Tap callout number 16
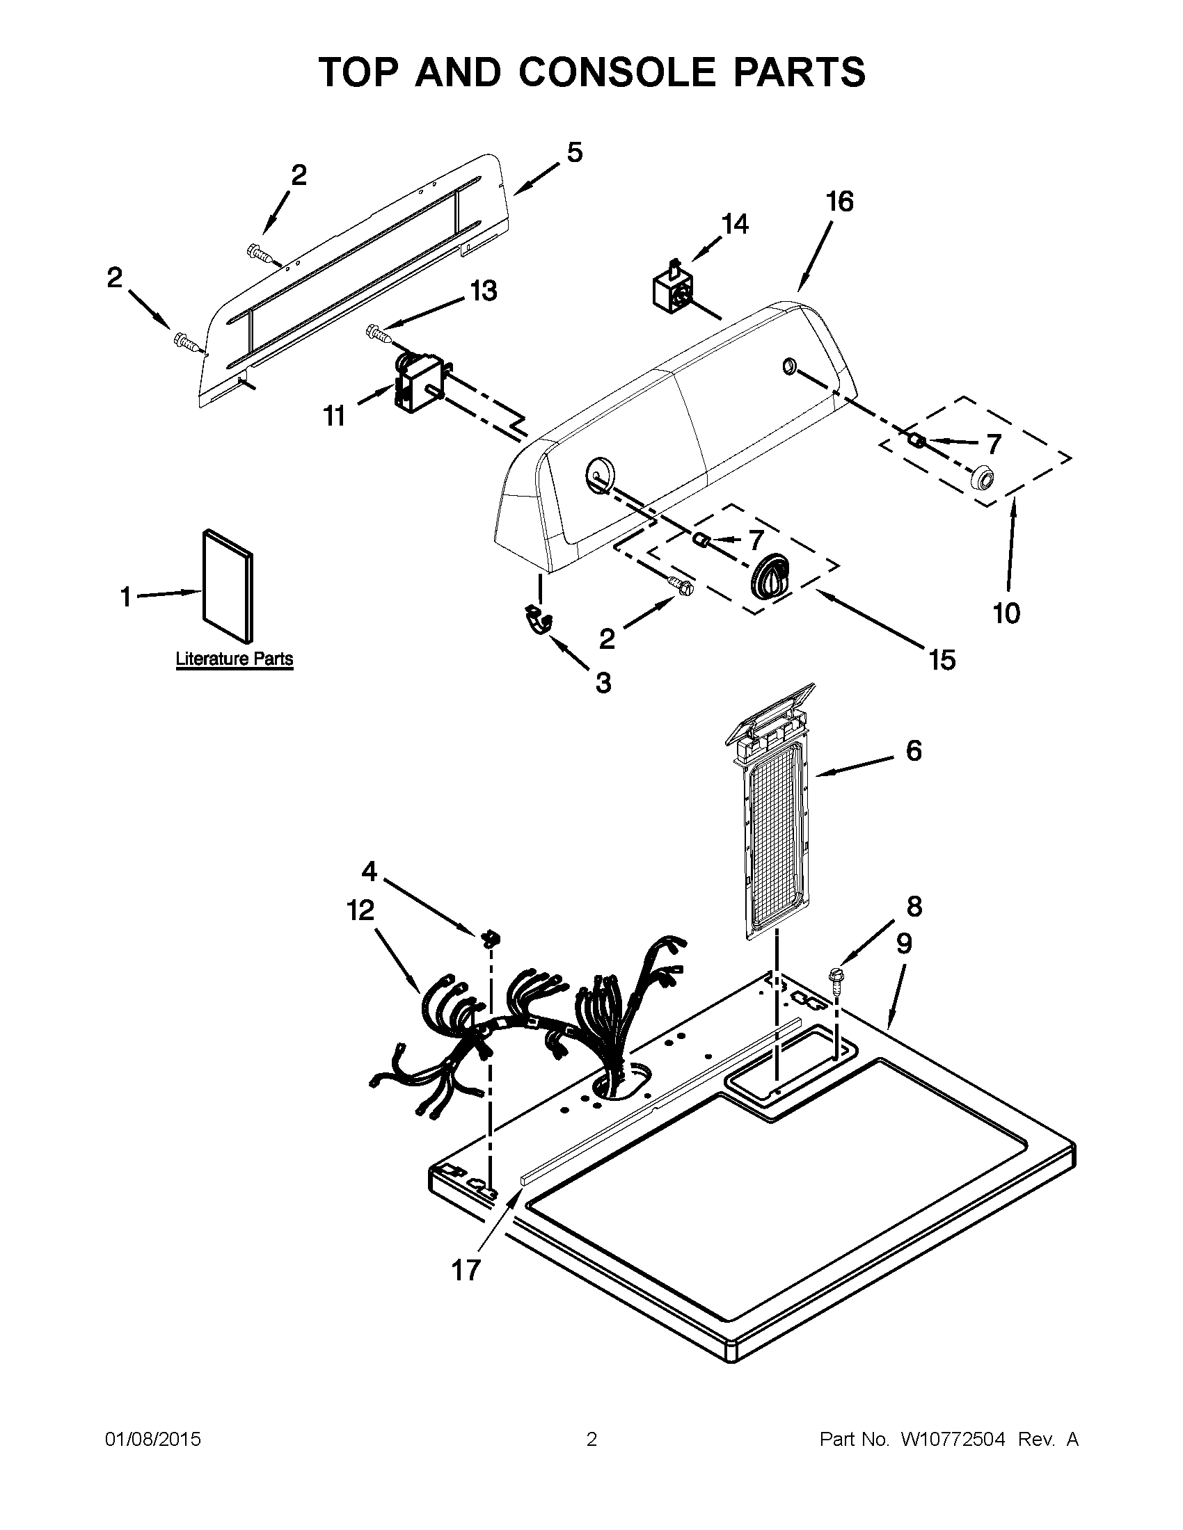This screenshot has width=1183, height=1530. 839,202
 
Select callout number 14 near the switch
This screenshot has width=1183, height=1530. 733,224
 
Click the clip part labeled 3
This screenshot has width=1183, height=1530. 537,619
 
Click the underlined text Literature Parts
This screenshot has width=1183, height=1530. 234,659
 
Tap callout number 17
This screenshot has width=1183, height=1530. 466,1270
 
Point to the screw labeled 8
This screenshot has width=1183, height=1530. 835,977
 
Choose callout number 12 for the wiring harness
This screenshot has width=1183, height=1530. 360,911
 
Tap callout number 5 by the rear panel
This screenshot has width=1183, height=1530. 574,152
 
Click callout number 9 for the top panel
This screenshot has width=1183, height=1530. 904,944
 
